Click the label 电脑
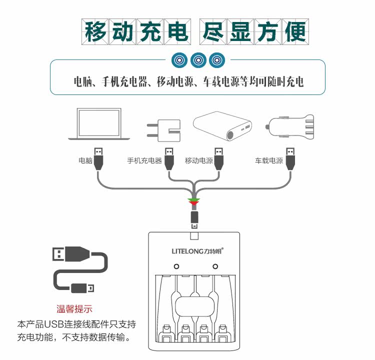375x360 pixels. [x=85, y=161]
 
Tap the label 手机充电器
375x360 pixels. [x=144, y=161]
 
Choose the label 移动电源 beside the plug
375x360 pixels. [x=198, y=161]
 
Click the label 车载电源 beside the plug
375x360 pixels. [x=269, y=161]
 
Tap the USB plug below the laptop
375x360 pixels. [x=98, y=159]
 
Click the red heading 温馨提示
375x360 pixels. [x=74, y=309]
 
